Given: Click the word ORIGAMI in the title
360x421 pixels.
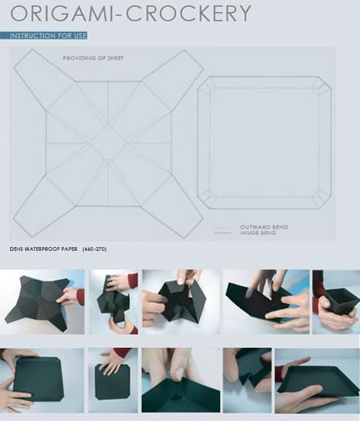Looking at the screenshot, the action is click(x=62, y=13).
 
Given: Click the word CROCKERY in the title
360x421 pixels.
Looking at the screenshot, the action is click(x=188, y=13).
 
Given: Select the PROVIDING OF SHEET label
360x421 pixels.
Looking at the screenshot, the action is click(x=93, y=58).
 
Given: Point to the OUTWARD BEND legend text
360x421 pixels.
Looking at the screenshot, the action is click(x=265, y=227).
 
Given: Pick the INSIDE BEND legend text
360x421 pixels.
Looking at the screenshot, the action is click(x=258, y=232).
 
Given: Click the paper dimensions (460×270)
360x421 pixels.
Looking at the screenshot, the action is click(x=95, y=249).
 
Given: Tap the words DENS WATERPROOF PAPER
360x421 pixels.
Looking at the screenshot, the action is click(x=43, y=249).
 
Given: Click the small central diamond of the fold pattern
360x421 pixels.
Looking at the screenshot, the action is click(x=108, y=143).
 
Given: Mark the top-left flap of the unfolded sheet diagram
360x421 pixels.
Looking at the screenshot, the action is click(x=45, y=79).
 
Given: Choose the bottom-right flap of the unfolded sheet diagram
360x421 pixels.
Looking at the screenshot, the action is click(x=172, y=207).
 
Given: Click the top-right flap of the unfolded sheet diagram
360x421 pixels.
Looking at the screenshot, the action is click(x=172, y=80).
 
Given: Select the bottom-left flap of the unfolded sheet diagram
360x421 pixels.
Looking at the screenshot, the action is click(x=45, y=206).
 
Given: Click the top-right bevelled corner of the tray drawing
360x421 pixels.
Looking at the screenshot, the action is click(x=322, y=85).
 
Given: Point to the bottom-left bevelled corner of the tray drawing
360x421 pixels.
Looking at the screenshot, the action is click(x=207, y=199).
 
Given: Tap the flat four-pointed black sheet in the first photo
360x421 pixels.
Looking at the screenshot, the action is click(x=40, y=303).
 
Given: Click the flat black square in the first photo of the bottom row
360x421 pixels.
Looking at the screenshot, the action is click(x=38, y=379).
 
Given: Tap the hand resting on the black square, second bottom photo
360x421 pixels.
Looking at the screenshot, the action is click(x=112, y=362).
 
